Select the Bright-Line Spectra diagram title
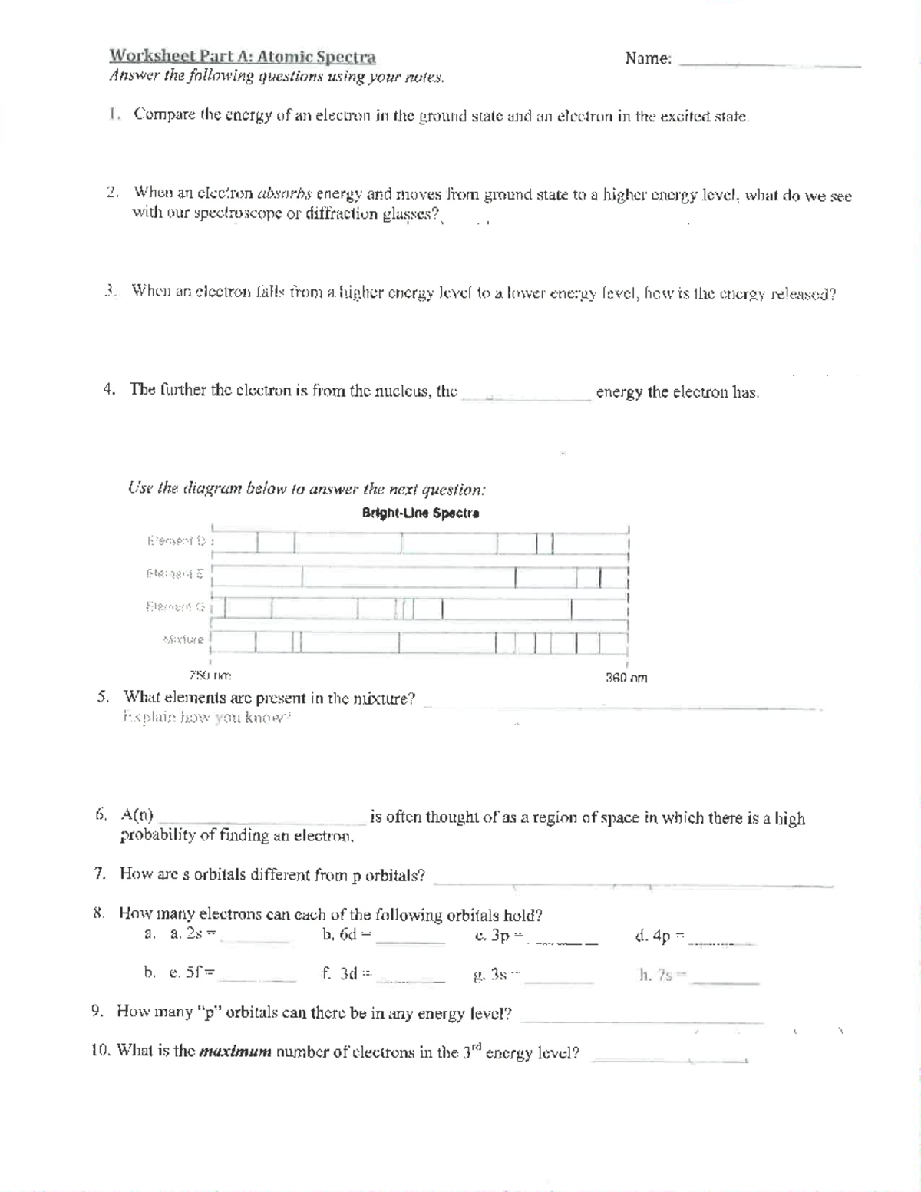pyautogui.click(x=421, y=513)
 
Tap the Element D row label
pyautogui.click(x=177, y=541)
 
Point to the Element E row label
pyautogui.click(x=175, y=573)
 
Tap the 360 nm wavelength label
pyautogui.click(x=626, y=678)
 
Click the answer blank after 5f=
pyautogui.click(x=256, y=979)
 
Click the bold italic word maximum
pyautogui.click(x=235, y=1052)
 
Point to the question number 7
pyautogui.click(x=98, y=873)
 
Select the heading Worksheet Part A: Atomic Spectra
pyautogui.click(x=243, y=57)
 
